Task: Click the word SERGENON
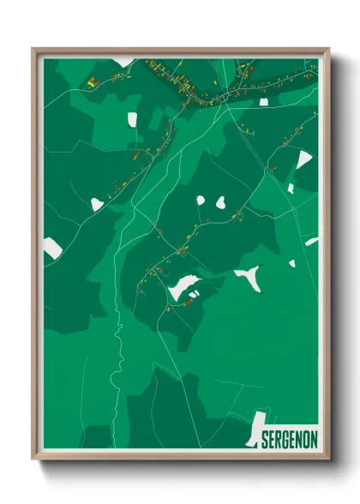tap(287, 437)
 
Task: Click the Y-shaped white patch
tap(249, 276)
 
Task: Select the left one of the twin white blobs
tap(201, 201)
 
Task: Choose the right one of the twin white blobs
tap(220, 203)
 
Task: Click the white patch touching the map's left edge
tap(52, 249)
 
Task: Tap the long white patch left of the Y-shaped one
tap(184, 287)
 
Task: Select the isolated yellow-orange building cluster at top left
tap(93, 82)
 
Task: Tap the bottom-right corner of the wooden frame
tap(328, 460)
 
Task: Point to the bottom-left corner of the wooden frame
tap(34, 460)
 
